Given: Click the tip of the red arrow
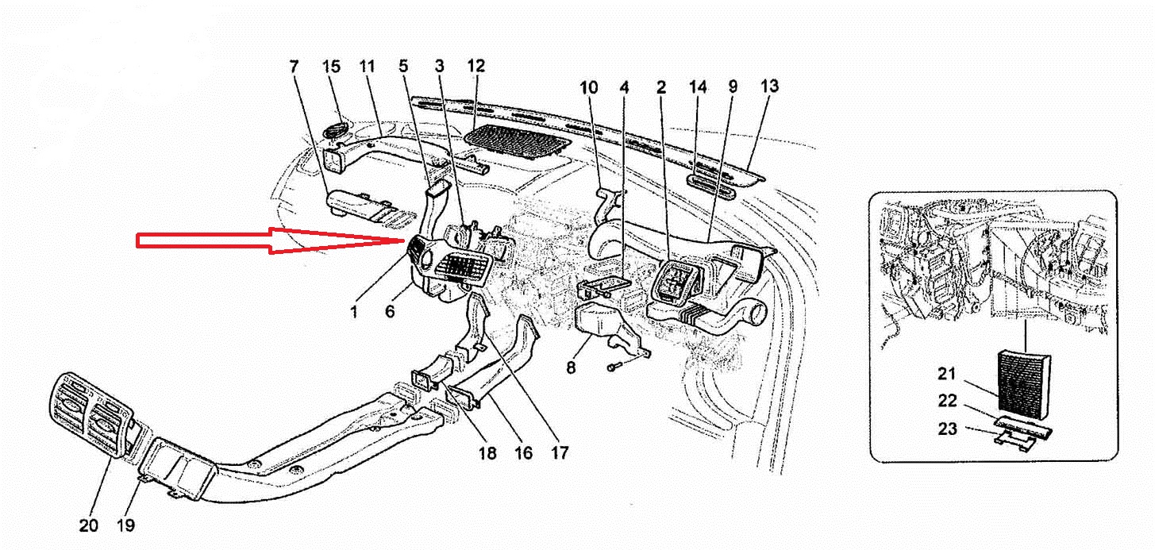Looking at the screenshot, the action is [404, 240].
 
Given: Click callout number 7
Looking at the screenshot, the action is [294, 67].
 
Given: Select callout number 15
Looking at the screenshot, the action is [332, 67].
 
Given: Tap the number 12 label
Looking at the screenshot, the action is [476, 65].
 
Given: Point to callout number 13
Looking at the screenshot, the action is [769, 86].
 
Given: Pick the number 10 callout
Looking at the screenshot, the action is [588, 87].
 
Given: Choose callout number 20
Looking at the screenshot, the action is [88, 525].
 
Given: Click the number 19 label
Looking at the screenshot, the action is [125, 525].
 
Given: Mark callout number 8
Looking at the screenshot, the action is [571, 367].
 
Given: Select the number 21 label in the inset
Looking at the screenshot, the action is [947, 374].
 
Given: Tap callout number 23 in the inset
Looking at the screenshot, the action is [947, 429].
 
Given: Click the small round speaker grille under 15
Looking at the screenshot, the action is [335, 130].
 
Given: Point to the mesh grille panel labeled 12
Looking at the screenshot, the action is [518, 141].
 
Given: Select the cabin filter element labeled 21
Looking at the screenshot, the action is [1024, 386].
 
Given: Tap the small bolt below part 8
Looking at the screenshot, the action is [615, 367].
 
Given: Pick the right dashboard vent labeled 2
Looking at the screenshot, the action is [677, 283].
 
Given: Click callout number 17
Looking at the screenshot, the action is [560, 453].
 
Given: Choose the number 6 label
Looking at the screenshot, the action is [390, 311].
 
